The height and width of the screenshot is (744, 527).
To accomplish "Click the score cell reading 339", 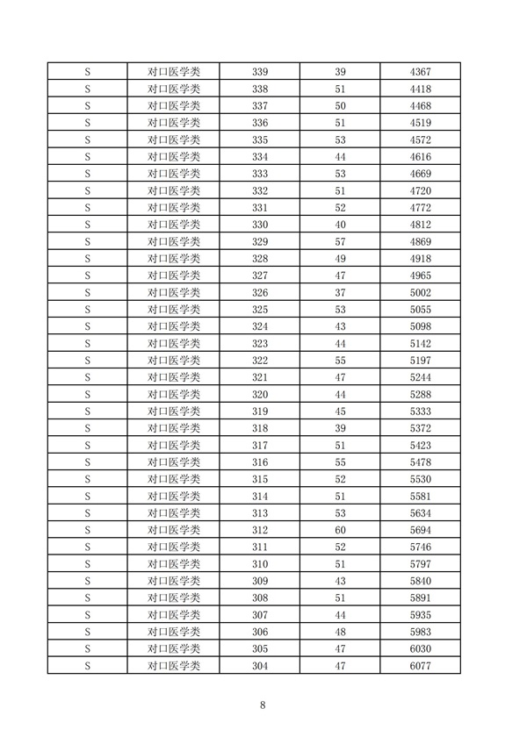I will click(x=259, y=71).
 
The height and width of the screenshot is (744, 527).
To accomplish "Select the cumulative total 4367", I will click(x=421, y=71).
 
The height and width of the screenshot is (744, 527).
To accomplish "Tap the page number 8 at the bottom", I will click(x=263, y=705).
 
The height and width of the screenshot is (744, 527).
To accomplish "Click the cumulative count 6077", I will click(x=421, y=667).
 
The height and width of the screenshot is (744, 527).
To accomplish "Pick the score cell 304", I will click(x=259, y=667).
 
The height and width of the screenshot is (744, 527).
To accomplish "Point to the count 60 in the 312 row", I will click(x=341, y=531).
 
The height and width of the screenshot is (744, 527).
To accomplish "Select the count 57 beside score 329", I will click(x=341, y=241).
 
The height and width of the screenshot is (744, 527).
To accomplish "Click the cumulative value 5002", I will click(x=421, y=292).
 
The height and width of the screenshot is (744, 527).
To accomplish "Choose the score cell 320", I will click(x=259, y=395).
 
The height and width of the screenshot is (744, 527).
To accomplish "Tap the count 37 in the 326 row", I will click(x=341, y=292).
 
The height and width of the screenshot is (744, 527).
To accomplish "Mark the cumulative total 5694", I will click(x=421, y=531).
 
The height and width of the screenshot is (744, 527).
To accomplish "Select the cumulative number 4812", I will click(x=421, y=225).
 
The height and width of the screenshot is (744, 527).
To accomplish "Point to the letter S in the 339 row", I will click(x=89, y=71).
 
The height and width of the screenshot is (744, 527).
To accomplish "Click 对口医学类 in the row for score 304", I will click(x=174, y=667).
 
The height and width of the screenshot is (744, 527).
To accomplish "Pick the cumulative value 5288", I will click(x=421, y=395).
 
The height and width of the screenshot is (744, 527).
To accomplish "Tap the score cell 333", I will click(x=259, y=174).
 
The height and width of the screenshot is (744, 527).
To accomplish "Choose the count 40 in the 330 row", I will click(x=341, y=225).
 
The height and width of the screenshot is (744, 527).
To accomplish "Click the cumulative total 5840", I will click(x=421, y=582).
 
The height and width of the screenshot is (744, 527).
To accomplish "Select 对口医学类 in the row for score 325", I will click(x=174, y=310).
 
